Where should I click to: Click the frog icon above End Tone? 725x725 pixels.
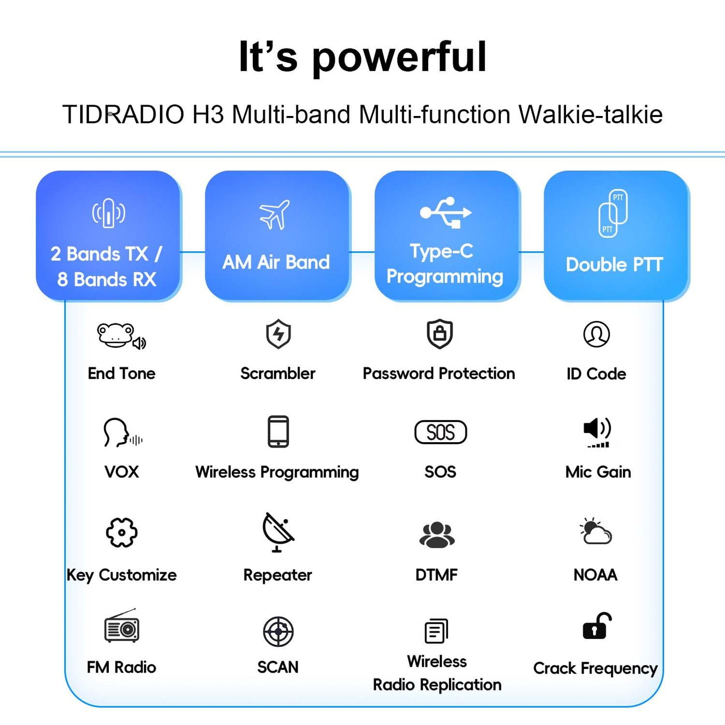pos(121,336)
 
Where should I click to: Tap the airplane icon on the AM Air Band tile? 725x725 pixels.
pos(274,214)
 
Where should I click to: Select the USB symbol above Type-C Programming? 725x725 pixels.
pos(445,212)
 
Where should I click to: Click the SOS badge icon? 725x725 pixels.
pos(440,432)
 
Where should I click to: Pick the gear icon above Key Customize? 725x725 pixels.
pos(122,532)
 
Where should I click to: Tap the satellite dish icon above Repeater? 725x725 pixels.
pos(278,532)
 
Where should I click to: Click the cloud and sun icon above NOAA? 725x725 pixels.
pos(596,531)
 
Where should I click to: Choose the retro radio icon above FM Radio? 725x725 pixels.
pos(122,625)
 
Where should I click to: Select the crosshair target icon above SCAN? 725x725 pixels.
pos(278,631)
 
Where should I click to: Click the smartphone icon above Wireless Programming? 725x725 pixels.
pos(278,431)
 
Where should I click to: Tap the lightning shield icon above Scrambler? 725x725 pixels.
pos(278,334)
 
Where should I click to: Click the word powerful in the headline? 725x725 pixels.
pos(400,57)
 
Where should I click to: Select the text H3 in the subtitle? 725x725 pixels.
pos(208,114)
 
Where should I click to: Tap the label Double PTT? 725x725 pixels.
pos(614,265)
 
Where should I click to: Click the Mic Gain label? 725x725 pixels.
pos(598,472)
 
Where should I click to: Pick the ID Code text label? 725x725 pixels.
pos(597,373)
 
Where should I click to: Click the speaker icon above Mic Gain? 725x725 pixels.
pos(597,432)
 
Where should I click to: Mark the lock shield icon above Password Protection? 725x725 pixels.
pos(440,334)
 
